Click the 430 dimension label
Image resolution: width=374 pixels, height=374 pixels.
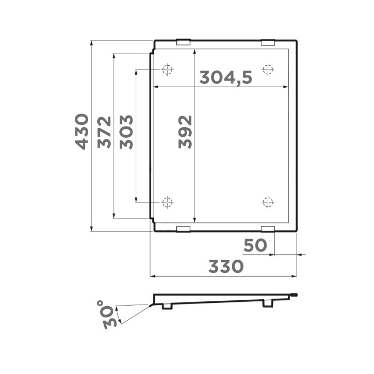pyautogui.click(x=81, y=131)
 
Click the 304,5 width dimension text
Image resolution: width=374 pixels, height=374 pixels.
pyautogui.click(x=225, y=78)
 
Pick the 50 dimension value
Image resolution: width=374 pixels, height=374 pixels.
pyautogui.click(x=255, y=246)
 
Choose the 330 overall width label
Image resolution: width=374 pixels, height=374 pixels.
pyautogui.click(x=225, y=266)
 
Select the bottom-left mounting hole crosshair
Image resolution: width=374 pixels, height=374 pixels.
pyautogui.click(x=167, y=202)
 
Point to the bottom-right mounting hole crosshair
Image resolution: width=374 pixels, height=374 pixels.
pyautogui.click(x=268, y=202)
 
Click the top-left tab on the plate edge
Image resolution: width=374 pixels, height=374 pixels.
pyautogui.click(x=183, y=42)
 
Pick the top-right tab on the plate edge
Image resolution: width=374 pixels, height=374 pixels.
pyautogui.click(x=268, y=42)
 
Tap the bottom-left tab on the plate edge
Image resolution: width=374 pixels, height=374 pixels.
pyautogui.click(x=183, y=229)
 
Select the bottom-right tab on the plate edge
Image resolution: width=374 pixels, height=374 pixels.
pyautogui.click(x=268, y=229)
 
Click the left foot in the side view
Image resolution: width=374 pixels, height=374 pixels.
pyautogui.click(x=167, y=306)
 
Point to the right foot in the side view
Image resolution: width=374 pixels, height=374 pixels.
pyautogui.click(x=267, y=303)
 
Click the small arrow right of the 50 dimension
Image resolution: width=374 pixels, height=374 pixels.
pyautogui.click(x=301, y=255)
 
